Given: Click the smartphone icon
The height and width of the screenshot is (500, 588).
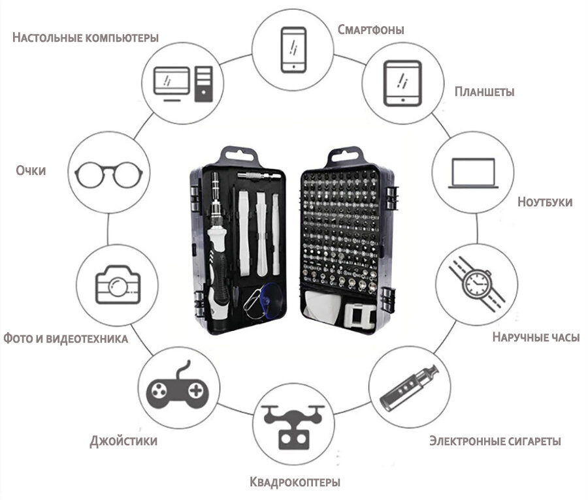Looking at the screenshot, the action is coord(293,50).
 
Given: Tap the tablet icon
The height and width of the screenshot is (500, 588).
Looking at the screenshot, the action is coord(403,83).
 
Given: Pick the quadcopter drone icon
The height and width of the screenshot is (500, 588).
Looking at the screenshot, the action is coord(293,424).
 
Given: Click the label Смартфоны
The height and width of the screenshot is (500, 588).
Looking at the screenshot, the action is coord(370,29).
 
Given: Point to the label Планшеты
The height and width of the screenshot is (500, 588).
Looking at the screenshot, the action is coord(484,91).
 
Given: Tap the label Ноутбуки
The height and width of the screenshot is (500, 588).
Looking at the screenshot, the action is coord(544,201).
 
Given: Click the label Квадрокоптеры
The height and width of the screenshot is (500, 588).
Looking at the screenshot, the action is coord(295,483).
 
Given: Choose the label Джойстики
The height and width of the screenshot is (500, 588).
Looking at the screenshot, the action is coord(123,441).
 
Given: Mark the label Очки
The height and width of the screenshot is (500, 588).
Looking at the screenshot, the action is coord(31,170).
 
